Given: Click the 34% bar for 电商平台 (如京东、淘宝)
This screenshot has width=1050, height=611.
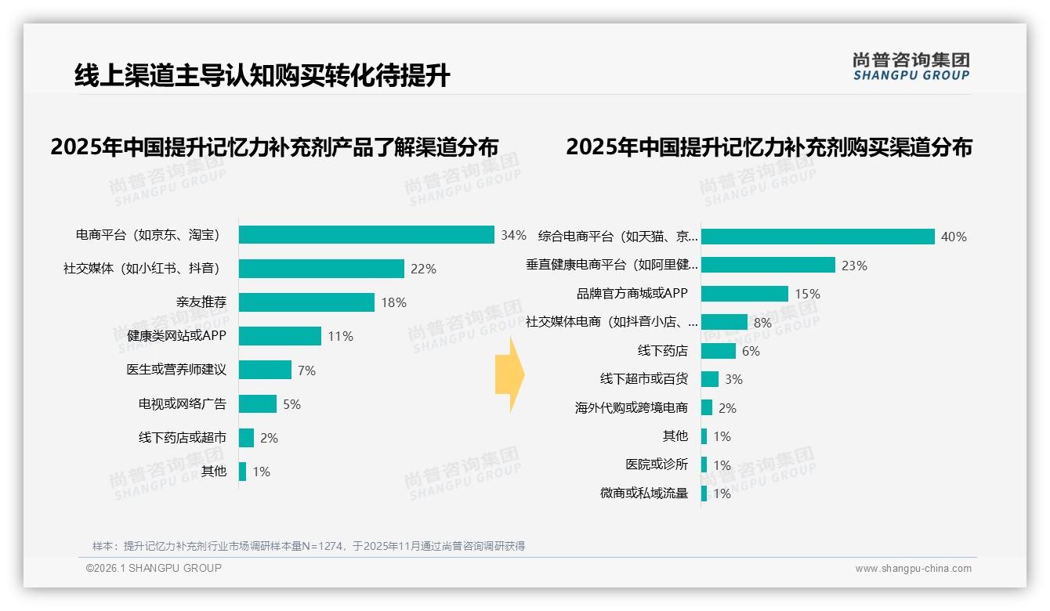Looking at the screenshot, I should click(x=366, y=235).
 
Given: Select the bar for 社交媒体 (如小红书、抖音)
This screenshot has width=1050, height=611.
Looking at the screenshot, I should click(x=321, y=269).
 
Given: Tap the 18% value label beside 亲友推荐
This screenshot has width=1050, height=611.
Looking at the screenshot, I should click(x=393, y=302).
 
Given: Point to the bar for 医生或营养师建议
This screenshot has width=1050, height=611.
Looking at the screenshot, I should click(x=265, y=370).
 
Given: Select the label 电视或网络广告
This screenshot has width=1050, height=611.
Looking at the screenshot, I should click(x=182, y=404).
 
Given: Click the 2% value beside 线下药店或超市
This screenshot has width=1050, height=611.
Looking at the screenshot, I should click(x=269, y=438).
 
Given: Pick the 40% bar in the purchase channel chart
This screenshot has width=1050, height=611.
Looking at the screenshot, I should click(x=817, y=237).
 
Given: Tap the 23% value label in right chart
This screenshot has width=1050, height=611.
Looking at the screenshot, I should click(x=854, y=266).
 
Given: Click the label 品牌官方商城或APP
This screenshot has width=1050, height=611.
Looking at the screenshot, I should click(x=632, y=294).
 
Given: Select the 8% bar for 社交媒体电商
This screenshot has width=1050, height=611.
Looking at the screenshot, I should click(x=724, y=322).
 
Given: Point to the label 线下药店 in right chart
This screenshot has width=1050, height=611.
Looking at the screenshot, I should click(x=662, y=351).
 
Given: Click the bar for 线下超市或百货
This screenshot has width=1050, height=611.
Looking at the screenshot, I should click(x=710, y=379).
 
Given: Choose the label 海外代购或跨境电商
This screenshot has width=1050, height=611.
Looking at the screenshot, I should click(x=631, y=408).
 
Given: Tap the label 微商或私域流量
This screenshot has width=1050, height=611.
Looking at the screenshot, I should click(x=643, y=493).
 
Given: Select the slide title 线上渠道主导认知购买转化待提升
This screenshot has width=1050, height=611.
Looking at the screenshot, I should click(x=262, y=76).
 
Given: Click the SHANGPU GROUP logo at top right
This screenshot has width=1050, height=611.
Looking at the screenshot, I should click(x=911, y=67).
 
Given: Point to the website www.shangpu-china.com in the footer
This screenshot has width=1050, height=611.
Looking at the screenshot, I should click(x=913, y=569).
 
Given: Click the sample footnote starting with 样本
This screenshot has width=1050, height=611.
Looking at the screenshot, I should click(x=308, y=546).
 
